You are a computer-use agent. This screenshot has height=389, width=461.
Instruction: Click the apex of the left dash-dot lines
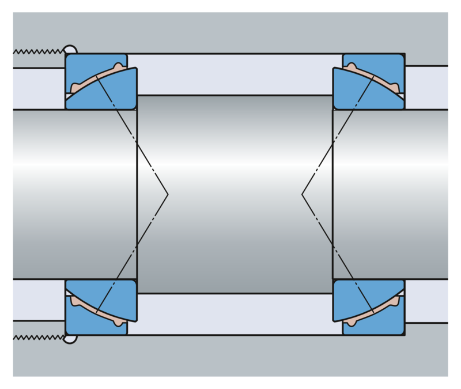click(x=167, y=194)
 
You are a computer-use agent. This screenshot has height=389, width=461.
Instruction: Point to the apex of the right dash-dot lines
click(x=302, y=194)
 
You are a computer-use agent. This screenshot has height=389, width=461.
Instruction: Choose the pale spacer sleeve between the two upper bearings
click(x=235, y=73)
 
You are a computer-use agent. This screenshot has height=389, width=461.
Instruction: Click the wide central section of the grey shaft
click(x=235, y=194)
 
